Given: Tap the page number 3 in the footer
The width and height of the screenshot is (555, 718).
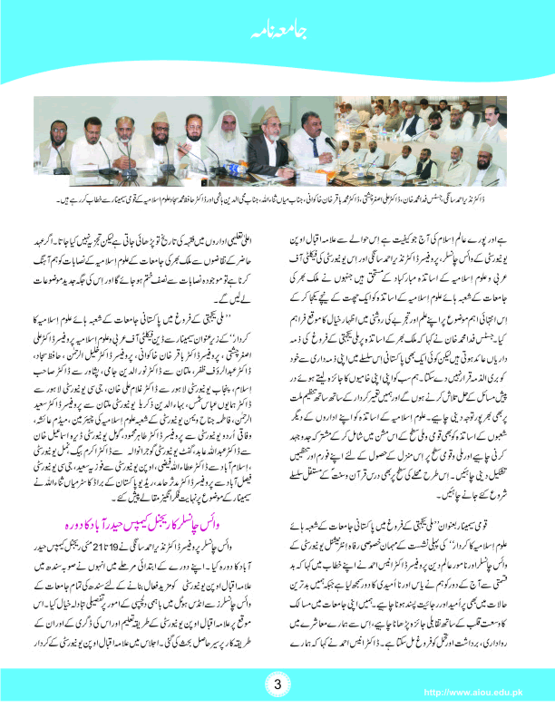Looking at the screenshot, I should tap(277, 682).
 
